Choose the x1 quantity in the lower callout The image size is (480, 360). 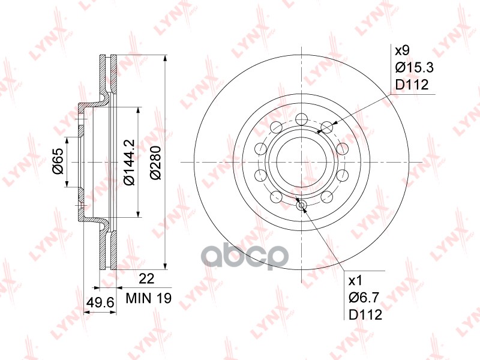356,280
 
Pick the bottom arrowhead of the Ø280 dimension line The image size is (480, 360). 164,265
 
